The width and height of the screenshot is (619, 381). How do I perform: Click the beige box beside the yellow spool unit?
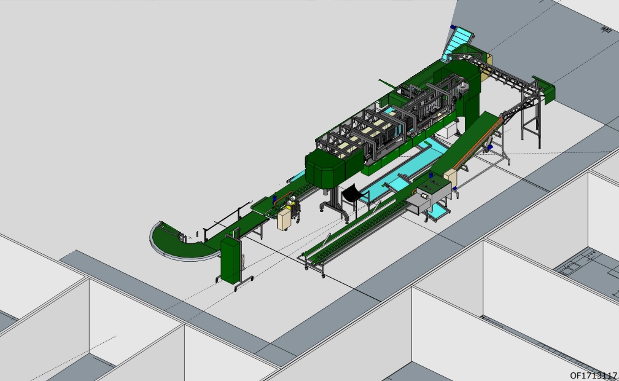tap(284, 219)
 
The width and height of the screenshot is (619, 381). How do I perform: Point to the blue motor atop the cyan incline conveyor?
tap(453, 27)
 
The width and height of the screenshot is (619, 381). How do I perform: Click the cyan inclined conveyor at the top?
tap(458, 42)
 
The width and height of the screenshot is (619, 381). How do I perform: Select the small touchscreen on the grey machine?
tap(425, 196)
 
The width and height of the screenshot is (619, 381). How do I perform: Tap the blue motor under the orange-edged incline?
tap(490, 147)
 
